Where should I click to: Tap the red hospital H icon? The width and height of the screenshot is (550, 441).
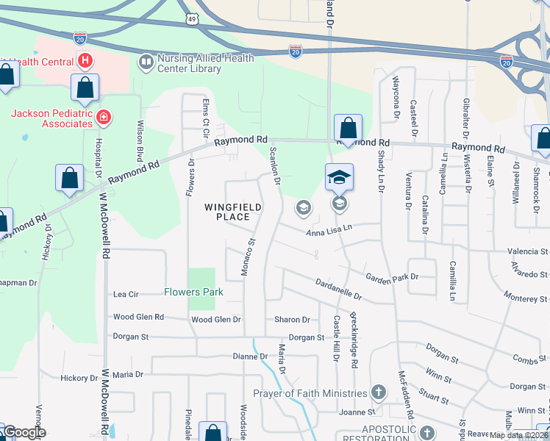85,60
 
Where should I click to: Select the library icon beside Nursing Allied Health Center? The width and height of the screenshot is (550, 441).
146,62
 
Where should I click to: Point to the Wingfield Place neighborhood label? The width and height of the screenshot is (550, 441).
233,212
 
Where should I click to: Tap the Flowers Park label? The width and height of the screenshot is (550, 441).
193,292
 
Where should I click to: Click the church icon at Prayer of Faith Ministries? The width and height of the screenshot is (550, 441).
379,393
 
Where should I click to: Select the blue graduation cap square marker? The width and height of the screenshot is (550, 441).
339,177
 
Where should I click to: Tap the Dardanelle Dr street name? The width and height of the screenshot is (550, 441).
338,289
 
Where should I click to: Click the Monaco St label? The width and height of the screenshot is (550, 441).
249,257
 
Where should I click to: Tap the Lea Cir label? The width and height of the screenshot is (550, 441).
126,294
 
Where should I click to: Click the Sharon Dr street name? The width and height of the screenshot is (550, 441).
292,320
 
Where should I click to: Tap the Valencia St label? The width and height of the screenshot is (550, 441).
528,251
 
